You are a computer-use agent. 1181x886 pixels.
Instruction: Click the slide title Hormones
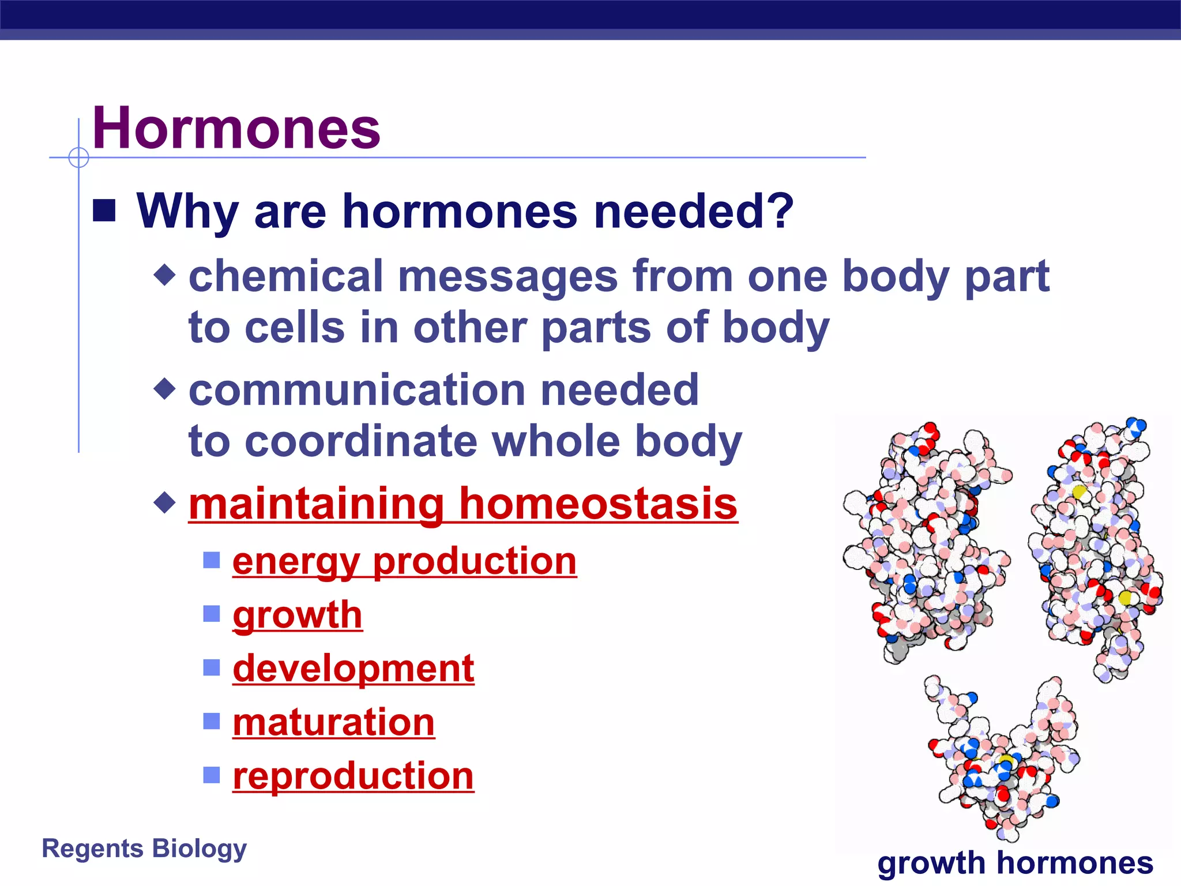point(236,128)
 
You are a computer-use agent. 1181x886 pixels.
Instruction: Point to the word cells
point(294,327)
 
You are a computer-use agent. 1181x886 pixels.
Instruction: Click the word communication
point(357,390)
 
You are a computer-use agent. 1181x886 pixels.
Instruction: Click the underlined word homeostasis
point(598,504)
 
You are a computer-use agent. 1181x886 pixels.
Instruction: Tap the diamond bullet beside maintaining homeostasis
point(165,502)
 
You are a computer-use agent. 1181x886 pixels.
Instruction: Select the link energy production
point(404,561)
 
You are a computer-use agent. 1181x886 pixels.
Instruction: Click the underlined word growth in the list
point(298,614)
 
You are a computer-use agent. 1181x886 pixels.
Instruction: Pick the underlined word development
point(353,668)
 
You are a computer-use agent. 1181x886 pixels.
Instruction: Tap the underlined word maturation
point(333,722)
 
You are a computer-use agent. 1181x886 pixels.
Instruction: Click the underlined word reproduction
point(353,776)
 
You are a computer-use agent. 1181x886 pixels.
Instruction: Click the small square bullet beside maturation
point(212,721)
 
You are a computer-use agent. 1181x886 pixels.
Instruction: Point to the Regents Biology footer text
point(144,849)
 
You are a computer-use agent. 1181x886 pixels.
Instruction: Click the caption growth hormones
point(1015,863)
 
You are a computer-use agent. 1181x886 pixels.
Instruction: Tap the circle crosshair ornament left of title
point(78,157)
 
